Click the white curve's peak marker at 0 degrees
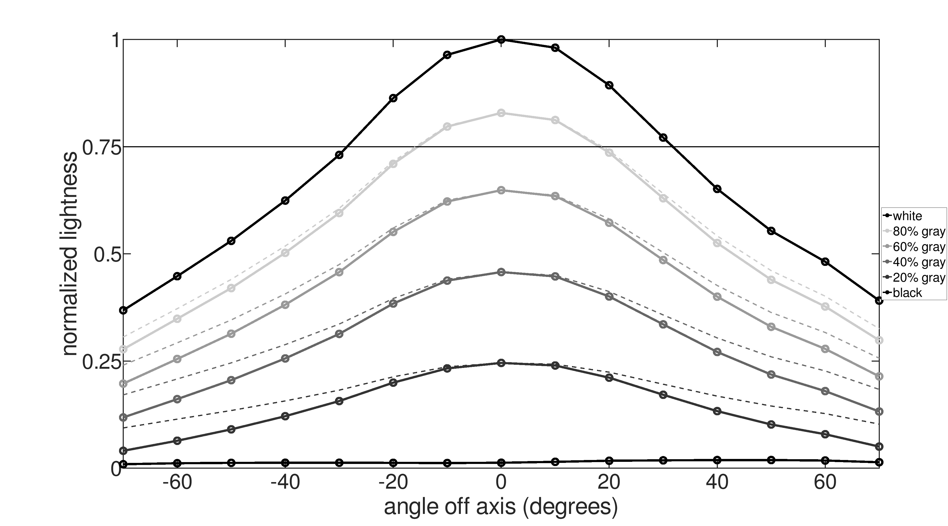tap(501, 39)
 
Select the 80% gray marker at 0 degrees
tap(501, 113)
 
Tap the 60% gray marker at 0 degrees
tap(501, 190)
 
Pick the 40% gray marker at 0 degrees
tap(501, 272)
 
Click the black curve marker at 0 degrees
tap(501, 462)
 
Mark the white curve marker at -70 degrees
tap(124, 311)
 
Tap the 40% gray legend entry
tap(919, 262)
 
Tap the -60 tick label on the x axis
tap(177, 483)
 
